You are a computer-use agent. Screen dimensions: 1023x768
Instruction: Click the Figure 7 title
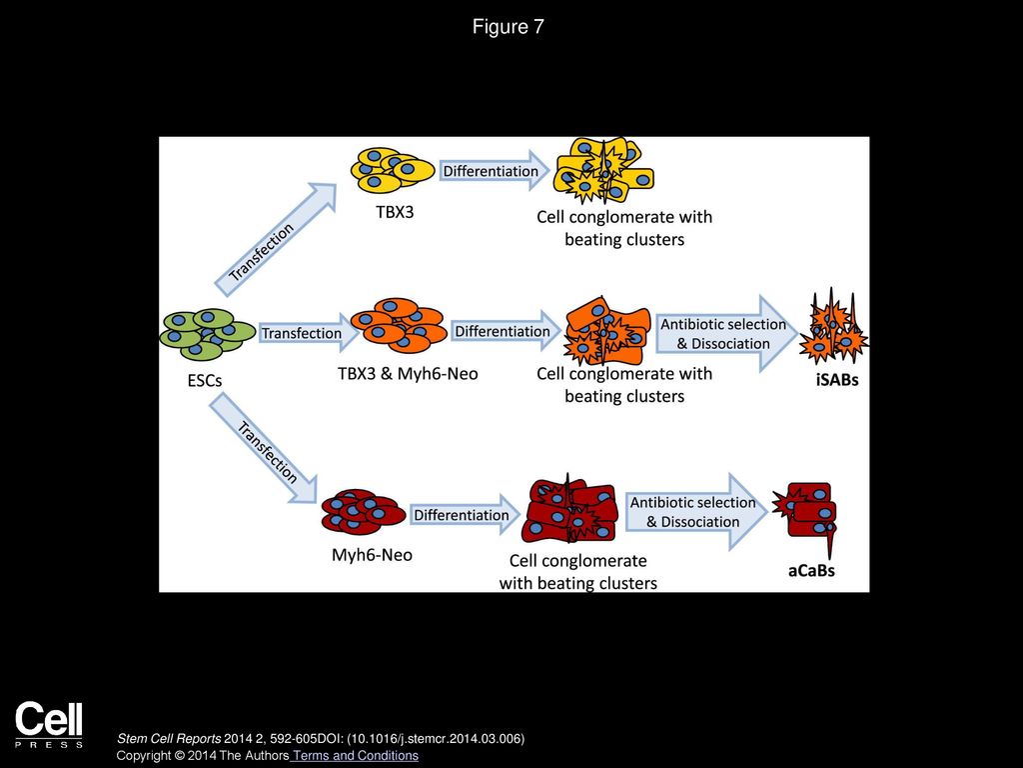click(508, 27)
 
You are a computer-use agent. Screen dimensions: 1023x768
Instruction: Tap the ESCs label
click(205, 380)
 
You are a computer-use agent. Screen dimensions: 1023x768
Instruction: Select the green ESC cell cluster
click(208, 334)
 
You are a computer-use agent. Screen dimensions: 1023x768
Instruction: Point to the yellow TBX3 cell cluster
click(392, 170)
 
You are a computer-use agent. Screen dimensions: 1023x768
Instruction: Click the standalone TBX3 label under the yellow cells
click(395, 212)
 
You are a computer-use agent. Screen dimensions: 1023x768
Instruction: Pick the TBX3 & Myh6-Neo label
click(408, 374)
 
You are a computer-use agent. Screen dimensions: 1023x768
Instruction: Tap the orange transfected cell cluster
click(399, 325)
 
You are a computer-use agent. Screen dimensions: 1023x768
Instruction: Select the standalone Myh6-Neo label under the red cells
click(372, 555)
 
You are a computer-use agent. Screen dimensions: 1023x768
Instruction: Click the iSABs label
click(837, 379)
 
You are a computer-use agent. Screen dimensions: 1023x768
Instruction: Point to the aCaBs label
click(811, 570)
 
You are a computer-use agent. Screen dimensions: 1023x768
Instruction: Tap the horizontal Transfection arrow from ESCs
click(308, 332)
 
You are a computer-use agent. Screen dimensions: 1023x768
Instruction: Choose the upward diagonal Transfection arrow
click(275, 240)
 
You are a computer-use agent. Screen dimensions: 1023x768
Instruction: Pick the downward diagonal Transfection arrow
click(264, 450)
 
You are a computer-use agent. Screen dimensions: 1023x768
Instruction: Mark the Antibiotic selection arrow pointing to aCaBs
click(696, 512)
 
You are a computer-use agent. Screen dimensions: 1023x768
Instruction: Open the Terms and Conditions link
click(355, 756)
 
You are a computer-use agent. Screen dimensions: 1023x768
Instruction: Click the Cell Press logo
click(49, 724)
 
